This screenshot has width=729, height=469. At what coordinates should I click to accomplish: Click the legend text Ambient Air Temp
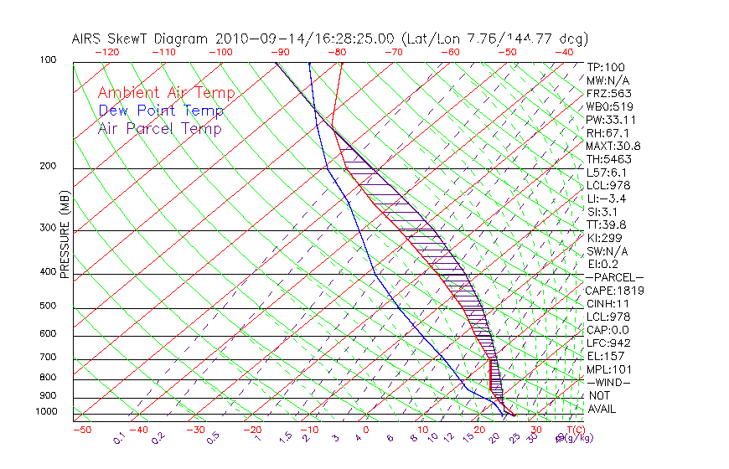click(166, 93)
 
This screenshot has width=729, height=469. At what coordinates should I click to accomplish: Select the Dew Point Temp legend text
click(161, 111)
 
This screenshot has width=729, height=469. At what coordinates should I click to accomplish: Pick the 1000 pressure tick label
click(47, 412)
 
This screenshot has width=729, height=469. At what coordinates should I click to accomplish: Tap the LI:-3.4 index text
click(606, 198)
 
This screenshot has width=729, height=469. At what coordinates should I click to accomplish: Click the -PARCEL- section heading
click(614, 277)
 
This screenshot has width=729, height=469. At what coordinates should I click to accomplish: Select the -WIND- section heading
click(608, 382)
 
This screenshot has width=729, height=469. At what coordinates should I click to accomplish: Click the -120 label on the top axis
click(106, 52)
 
